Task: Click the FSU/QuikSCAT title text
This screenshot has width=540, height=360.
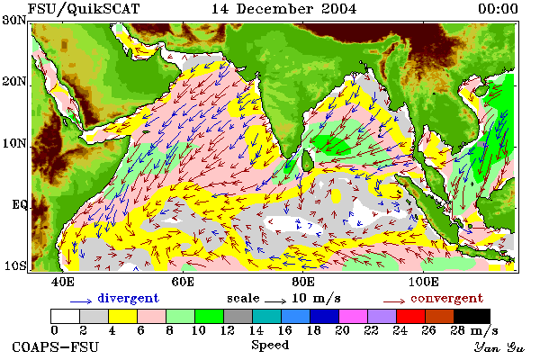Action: tap(84, 9)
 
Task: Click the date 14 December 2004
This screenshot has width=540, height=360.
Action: tap(283, 9)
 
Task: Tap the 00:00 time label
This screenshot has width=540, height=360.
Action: tap(498, 9)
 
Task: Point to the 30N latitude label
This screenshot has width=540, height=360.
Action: tap(14, 20)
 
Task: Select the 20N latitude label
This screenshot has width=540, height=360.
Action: tap(14, 82)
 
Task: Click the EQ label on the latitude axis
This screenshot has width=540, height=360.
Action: tap(20, 205)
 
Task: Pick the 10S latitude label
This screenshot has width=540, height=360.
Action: tap(14, 265)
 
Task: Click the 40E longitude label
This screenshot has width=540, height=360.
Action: tap(63, 282)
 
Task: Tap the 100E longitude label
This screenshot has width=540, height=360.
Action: tap(424, 282)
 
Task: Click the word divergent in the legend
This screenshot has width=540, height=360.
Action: tap(128, 298)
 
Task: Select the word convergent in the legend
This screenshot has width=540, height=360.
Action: tap(446, 298)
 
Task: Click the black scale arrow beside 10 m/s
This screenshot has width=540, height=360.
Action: tap(275, 301)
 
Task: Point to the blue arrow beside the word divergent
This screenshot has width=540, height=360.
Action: tap(81, 301)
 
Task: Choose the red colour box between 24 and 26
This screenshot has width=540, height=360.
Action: tap(410, 316)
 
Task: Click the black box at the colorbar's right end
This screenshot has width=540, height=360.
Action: tap(472, 316)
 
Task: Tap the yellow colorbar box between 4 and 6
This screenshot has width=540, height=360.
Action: tap(123, 316)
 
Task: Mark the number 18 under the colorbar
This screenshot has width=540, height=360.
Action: tap(313, 330)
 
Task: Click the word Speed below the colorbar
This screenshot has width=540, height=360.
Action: tap(270, 345)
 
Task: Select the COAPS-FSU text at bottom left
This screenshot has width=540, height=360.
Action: tap(56, 346)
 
